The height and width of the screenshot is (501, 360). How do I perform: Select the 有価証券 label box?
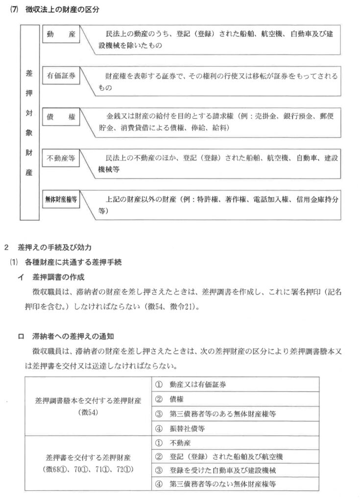61,77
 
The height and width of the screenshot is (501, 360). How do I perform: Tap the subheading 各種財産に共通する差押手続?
69,262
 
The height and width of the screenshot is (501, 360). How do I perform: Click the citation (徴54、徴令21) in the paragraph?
165,307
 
